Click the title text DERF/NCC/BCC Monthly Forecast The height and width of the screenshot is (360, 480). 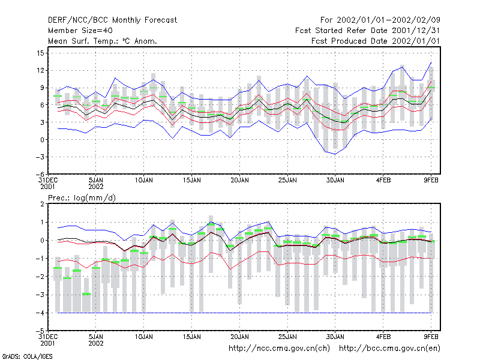tap(112, 20)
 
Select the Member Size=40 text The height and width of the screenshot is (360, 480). tap(80, 31)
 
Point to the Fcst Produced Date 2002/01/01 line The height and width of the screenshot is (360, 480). tap(376, 41)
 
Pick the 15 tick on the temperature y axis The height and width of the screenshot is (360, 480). tap(40, 53)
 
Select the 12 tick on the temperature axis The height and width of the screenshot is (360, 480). tap(40, 70)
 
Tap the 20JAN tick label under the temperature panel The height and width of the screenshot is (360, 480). tap(239, 181)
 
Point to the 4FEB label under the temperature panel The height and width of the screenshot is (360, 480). tap(383, 181)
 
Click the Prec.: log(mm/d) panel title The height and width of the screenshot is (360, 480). tap(82, 198)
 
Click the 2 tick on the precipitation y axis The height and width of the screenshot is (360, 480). tap(42, 204)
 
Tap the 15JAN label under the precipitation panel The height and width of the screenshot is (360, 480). tap(191, 337)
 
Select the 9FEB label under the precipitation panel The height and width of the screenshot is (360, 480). tap(431, 337)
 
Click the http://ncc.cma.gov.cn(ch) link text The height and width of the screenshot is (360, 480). tap(279, 349)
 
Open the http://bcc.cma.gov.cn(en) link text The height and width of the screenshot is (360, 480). tap(389, 349)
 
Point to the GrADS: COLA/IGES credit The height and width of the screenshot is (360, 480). tap(27, 356)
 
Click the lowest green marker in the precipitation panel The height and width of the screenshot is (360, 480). tap(86, 294)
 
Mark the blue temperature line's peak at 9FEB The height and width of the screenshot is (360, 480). tap(431, 62)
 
